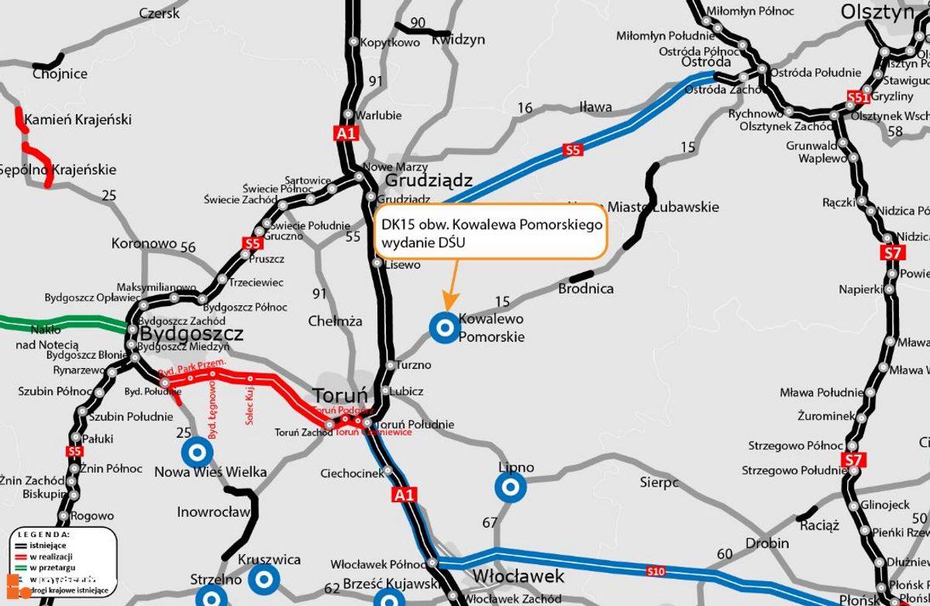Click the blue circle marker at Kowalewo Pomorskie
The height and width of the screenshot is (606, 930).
pos(446,328)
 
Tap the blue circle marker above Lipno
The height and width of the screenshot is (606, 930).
pos(511,488)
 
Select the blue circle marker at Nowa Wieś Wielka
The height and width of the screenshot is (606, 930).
pos(197,452)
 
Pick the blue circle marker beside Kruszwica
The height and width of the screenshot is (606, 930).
pos(263,578)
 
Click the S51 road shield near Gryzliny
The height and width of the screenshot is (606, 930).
pos(856,98)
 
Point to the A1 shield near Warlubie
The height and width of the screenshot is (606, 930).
pos(346,133)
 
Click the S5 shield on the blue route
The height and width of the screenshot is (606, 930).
pos(573,150)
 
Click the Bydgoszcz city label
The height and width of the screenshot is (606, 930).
pos(192,334)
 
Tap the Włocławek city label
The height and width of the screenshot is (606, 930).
pos(518,577)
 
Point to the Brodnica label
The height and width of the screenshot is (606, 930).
pos(586,289)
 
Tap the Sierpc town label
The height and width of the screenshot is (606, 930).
pos(659,482)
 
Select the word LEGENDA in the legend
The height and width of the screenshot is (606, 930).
pos(44,535)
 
